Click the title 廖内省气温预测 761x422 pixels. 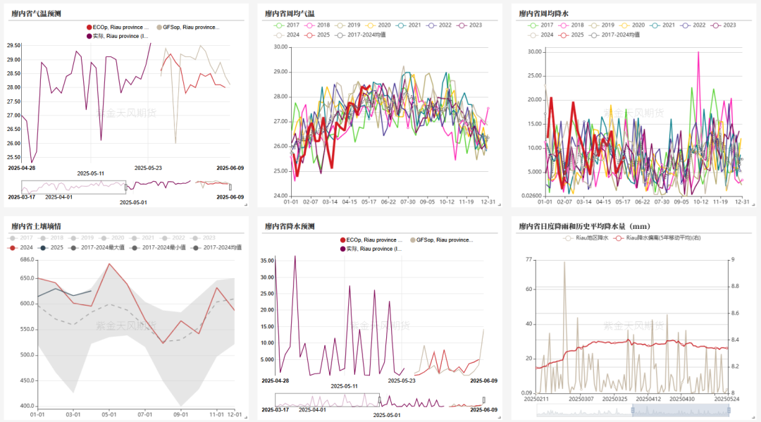(x=35, y=13)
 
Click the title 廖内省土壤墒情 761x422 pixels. (x=35, y=226)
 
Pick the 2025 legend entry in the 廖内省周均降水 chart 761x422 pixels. (x=571, y=35)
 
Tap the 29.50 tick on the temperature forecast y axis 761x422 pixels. (x=13, y=45)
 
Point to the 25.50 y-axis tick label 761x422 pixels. (x=13, y=143)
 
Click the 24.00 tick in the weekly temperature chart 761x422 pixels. (x=280, y=196)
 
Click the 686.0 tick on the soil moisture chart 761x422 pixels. (x=28, y=260)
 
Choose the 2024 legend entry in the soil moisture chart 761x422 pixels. (x=25, y=247)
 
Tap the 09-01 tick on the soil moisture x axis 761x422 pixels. (x=181, y=414)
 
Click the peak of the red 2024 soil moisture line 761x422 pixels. (x=109, y=264)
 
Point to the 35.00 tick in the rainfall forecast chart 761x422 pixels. (x=266, y=260)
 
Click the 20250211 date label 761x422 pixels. (x=538, y=399)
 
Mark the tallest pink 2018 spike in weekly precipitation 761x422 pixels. (x=698, y=52)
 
